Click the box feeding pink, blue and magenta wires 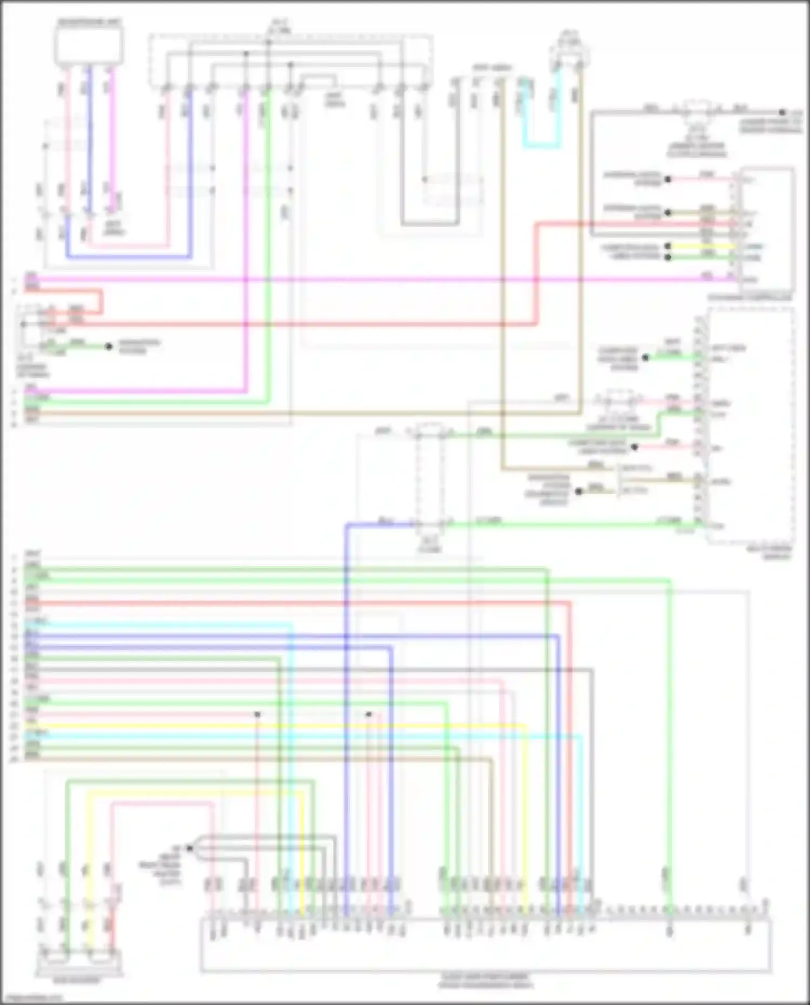[89, 45]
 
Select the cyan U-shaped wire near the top [540, 144]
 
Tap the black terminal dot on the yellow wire [668, 246]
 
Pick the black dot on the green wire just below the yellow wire [668, 257]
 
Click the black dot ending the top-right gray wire [781, 112]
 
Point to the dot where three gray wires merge [190, 848]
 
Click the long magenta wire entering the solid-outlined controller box [378, 279]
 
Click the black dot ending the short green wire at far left [109, 346]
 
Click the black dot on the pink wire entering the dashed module [634, 447]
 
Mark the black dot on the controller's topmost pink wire [668, 179]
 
